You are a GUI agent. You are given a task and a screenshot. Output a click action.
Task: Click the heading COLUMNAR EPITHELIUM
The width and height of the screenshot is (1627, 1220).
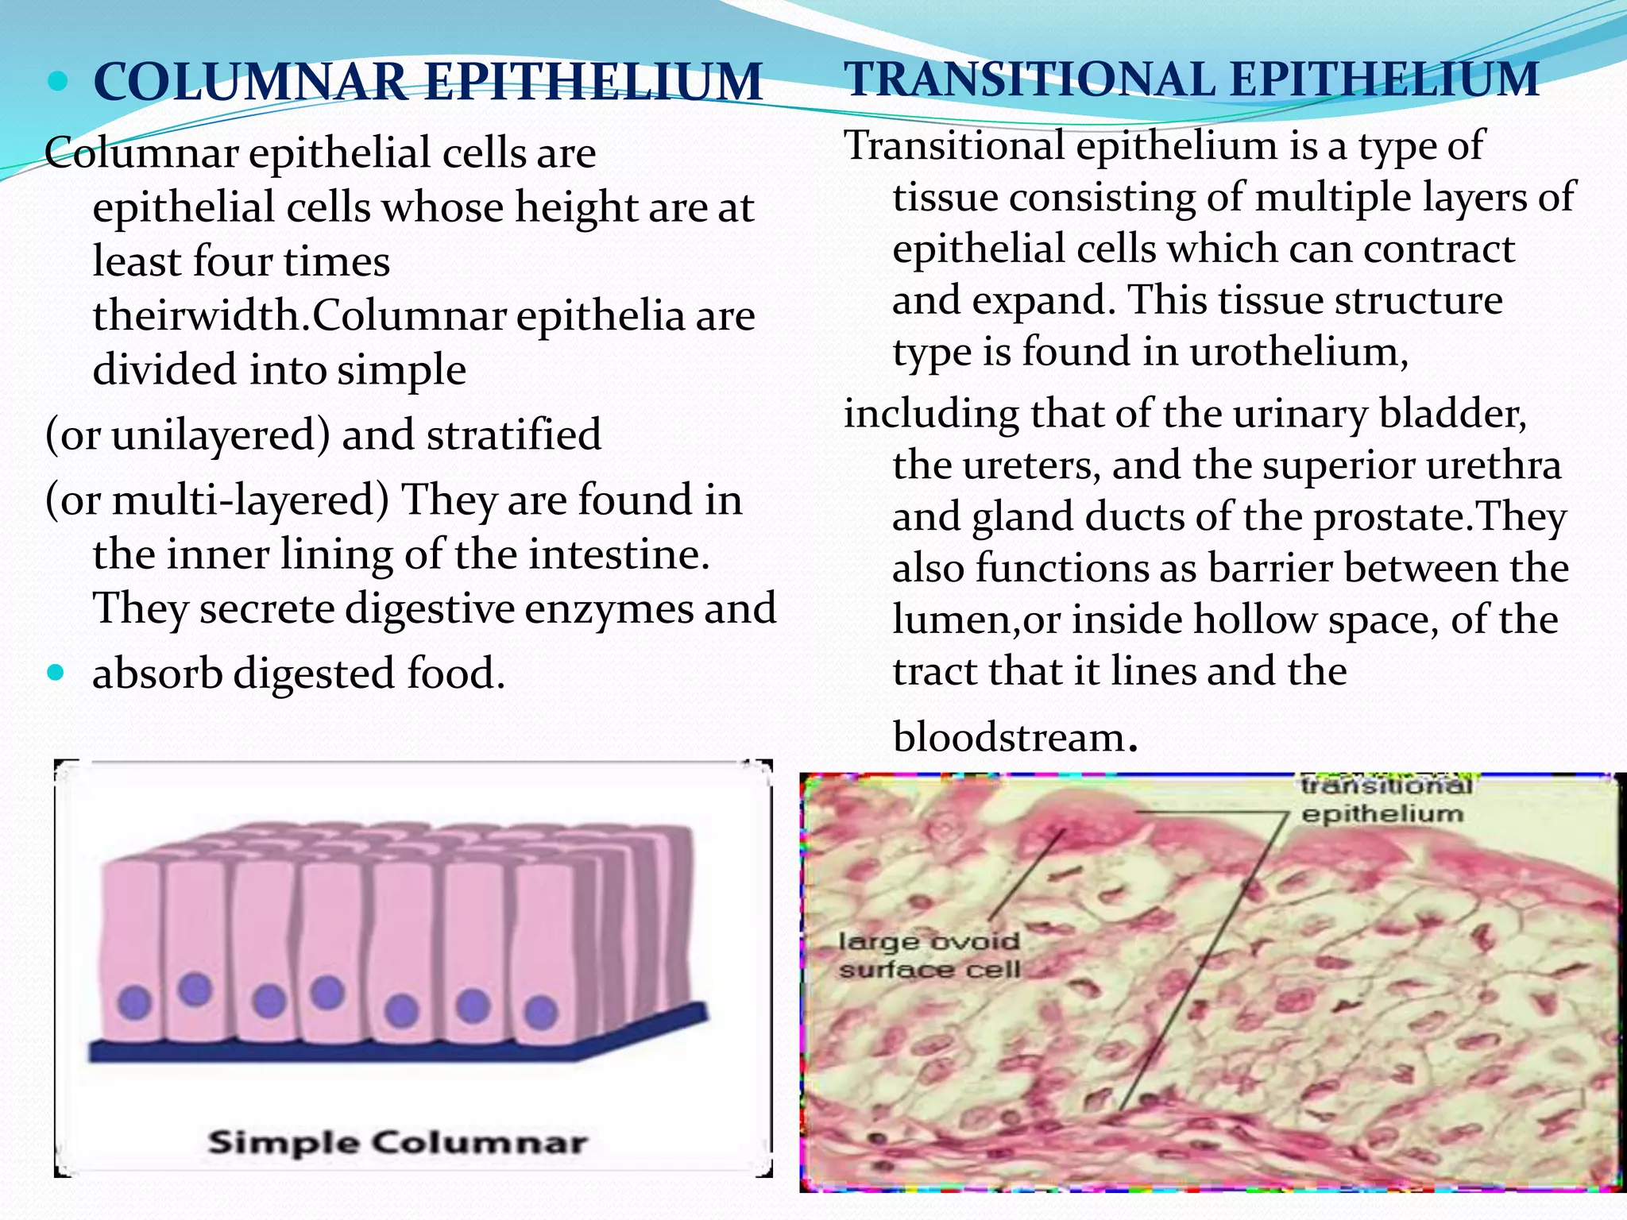click(427, 82)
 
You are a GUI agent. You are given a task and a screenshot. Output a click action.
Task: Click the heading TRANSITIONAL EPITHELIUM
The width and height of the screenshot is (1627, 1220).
click(1192, 79)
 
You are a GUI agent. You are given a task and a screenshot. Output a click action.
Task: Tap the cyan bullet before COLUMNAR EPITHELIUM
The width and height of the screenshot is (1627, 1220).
click(58, 81)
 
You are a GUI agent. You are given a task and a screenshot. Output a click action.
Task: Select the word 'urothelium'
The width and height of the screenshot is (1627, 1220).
click(1298, 351)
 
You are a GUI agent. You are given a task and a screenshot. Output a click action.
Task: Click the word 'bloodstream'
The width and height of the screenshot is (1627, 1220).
click(1008, 737)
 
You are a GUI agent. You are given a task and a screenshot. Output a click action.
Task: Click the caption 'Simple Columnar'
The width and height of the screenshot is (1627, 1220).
click(397, 1142)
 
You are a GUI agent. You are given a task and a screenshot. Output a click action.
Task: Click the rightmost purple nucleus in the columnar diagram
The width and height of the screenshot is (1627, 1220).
click(541, 1013)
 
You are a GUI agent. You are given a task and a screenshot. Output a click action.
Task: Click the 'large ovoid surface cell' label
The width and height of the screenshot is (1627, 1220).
click(929, 956)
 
